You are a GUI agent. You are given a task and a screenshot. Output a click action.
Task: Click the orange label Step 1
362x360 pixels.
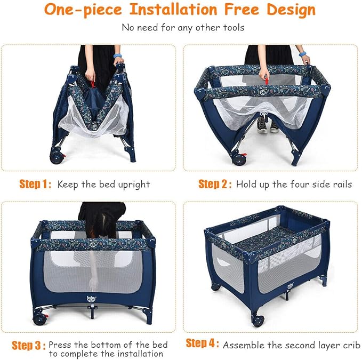(x=36, y=185)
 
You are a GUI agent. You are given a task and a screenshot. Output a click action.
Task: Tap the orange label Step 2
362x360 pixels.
(x=215, y=184)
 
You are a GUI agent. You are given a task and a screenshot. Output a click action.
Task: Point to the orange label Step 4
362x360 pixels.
(x=203, y=343)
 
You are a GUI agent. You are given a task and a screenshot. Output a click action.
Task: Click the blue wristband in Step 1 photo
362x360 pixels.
(x=118, y=56)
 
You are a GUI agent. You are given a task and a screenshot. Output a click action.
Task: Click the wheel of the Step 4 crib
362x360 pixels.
(x=259, y=321)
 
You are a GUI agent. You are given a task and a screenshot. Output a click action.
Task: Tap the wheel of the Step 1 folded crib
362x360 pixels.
(x=57, y=158)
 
